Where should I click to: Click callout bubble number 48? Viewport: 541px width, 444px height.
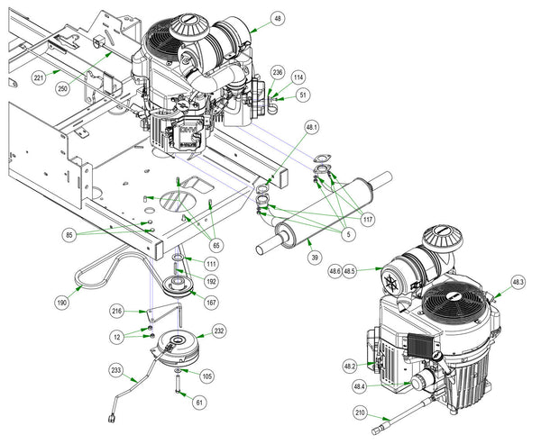tap(278, 19)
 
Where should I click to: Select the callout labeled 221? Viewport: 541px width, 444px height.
tap(39, 77)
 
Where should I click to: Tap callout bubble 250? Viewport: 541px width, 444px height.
tap(62, 88)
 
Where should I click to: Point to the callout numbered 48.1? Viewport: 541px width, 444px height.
tap(312, 128)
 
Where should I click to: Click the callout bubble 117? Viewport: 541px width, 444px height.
tap(368, 219)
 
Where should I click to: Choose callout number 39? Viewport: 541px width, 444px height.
tap(315, 258)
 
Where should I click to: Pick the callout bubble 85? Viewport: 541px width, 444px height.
tap(69, 235)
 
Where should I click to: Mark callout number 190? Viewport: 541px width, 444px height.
tap(61, 303)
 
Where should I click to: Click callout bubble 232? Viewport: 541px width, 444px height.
tap(219, 331)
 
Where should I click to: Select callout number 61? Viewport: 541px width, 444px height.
tap(199, 402)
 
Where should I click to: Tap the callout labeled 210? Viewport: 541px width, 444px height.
tap(360, 412)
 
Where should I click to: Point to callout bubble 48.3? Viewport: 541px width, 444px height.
tap(518, 283)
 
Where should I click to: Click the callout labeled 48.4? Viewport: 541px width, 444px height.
tap(359, 386)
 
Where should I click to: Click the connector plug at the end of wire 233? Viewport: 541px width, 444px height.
tap(112, 418)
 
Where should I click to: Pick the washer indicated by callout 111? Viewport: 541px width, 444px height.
tap(178, 258)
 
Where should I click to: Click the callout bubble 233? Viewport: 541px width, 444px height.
tap(116, 370)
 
